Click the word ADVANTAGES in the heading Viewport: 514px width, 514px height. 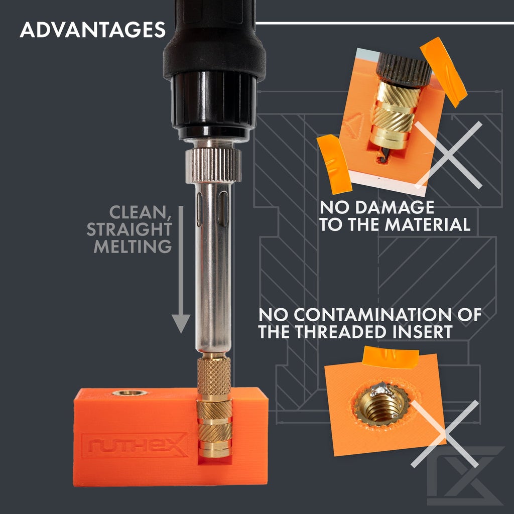click(x=93, y=30)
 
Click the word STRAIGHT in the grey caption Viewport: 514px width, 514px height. click(x=129, y=229)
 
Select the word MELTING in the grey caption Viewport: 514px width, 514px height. click(x=133, y=246)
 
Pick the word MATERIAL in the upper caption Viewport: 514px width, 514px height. click(x=428, y=224)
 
